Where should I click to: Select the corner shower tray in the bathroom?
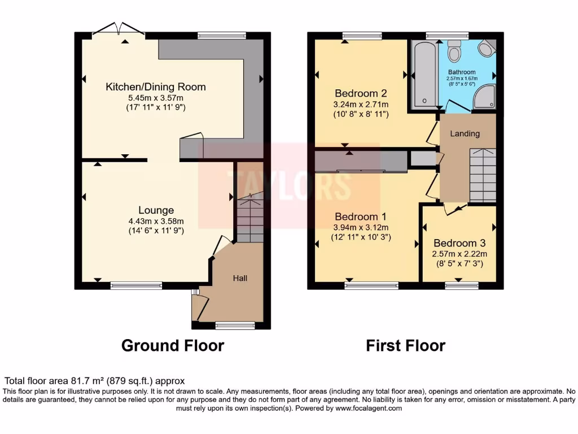[x=484, y=97]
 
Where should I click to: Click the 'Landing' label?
[x=465, y=134]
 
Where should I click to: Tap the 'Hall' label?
[x=240, y=278]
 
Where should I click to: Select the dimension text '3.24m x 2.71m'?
[x=361, y=105]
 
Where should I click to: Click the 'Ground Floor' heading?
[x=173, y=345]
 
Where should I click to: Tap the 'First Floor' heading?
[x=405, y=345]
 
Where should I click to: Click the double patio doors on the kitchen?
[x=119, y=29]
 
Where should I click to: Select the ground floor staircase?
[x=249, y=218]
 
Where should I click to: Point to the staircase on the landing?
[x=483, y=175]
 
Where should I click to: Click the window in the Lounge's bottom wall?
[x=136, y=285]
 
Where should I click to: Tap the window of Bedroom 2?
[x=362, y=36]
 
